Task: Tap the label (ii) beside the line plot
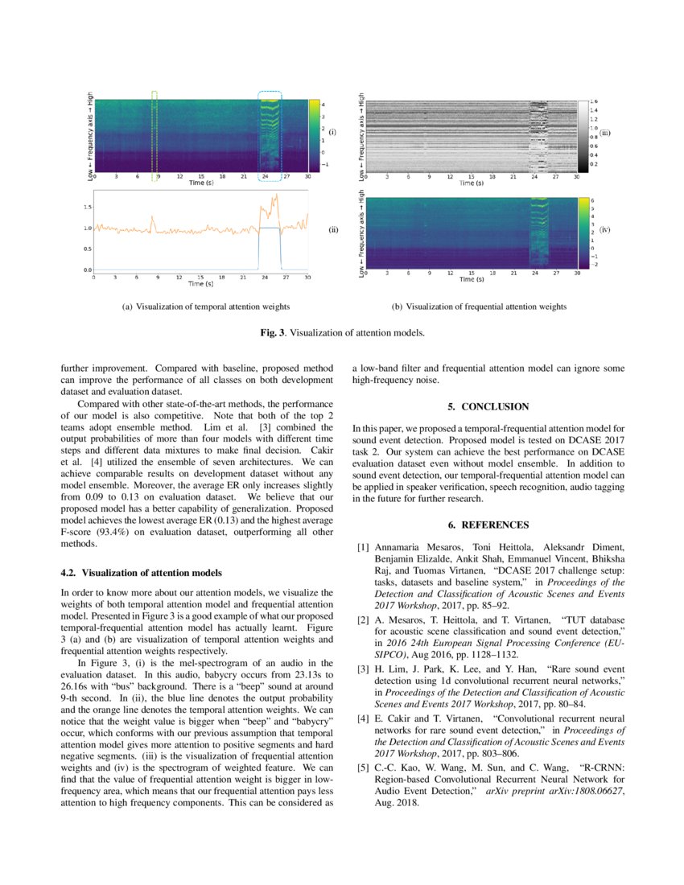click(x=333, y=230)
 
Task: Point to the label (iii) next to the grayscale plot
click(x=605, y=132)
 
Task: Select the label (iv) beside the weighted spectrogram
click(x=605, y=230)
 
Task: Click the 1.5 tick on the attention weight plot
click(x=86, y=207)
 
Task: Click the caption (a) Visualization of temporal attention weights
click(x=204, y=307)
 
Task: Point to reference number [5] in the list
click(x=363, y=769)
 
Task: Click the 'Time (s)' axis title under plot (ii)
click(x=200, y=283)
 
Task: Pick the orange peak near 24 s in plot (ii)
click(x=275, y=196)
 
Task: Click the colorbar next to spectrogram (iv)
click(x=583, y=232)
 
